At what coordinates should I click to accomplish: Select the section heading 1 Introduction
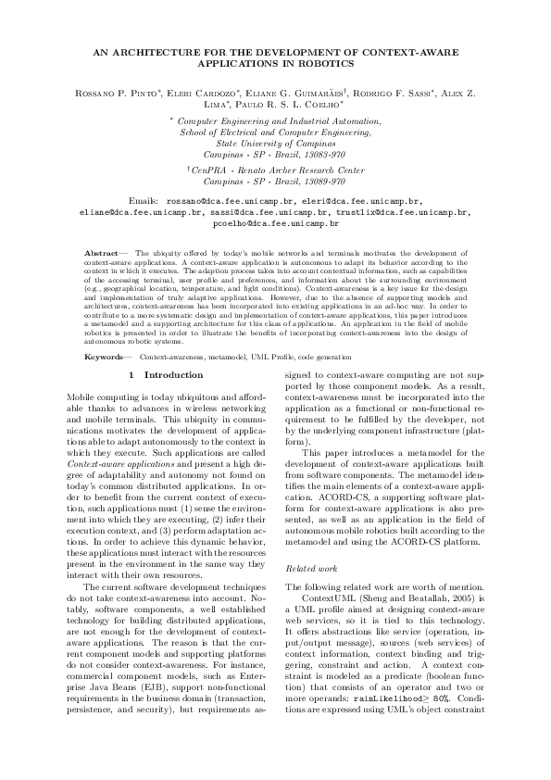(167, 374)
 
